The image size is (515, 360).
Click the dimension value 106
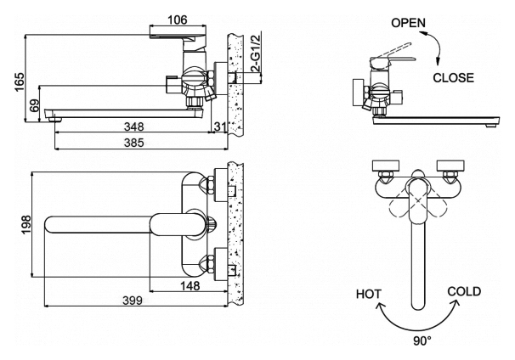[x=176, y=20]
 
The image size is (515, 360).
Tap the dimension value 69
[x=34, y=107]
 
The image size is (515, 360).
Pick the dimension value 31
[x=220, y=127]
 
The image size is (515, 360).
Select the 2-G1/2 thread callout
[x=252, y=53]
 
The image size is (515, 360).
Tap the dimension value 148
[x=191, y=286]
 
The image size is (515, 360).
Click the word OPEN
[x=409, y=23]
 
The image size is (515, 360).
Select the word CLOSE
[x=454, y=78]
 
